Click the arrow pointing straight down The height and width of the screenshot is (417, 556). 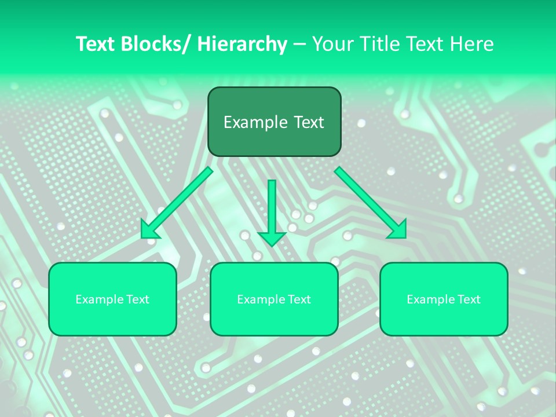(x=272, y=209)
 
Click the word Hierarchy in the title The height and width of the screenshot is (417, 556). (x=242, y=44)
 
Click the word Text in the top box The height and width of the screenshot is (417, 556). (x=308, y=122)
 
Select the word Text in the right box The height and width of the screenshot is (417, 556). (x=467, y=299)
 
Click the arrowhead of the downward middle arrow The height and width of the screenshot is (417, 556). (x=272, y=238)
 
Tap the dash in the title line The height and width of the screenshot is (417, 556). (x=299, y=44)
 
